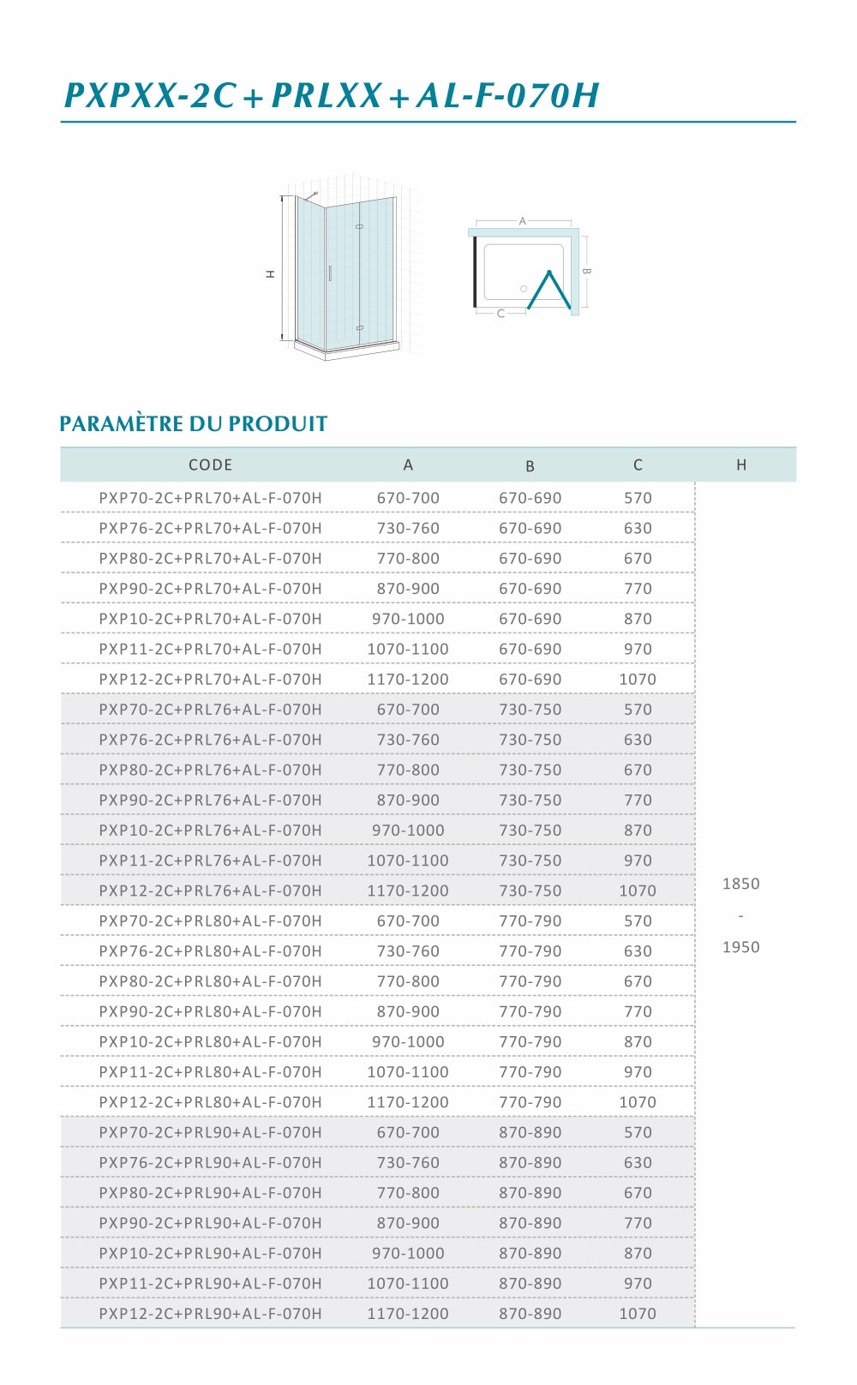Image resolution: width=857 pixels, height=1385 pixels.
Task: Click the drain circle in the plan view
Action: tap(524, 289)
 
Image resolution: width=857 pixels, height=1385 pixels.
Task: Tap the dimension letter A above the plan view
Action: tap(523, 221)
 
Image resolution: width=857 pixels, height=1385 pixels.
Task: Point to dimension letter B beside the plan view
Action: tap(586, 271)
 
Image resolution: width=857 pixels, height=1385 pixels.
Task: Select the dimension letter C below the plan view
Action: tap(501, 314)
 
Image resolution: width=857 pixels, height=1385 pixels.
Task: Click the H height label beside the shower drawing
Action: tap(270, 274)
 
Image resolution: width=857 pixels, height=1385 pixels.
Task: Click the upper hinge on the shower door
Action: tap(359, 226)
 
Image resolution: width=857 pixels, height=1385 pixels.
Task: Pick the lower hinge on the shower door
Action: tap(359, 327)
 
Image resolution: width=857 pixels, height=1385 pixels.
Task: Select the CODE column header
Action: tap(210, 465)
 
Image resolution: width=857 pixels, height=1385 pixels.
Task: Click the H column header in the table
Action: tap(741, 465)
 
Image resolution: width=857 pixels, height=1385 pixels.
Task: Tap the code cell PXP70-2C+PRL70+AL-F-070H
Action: tap(210, 498)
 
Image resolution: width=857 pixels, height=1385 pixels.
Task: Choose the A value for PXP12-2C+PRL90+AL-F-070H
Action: tap(408, 1314)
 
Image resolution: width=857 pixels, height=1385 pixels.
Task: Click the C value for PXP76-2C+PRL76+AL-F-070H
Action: tap(638, 740)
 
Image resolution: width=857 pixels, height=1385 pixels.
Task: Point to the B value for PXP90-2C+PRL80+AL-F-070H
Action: tap(530, 1011)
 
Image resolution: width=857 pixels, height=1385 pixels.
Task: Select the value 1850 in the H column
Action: tap(741, 884)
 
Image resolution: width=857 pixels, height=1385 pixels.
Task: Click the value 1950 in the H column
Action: tap(741, 947)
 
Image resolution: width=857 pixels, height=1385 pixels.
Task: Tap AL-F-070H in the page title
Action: tap(508, 95)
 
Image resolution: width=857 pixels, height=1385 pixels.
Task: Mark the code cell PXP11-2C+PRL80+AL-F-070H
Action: tap(210, 1072)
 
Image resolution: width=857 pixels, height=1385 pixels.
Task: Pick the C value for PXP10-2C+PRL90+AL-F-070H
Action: tap(638, 1253)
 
